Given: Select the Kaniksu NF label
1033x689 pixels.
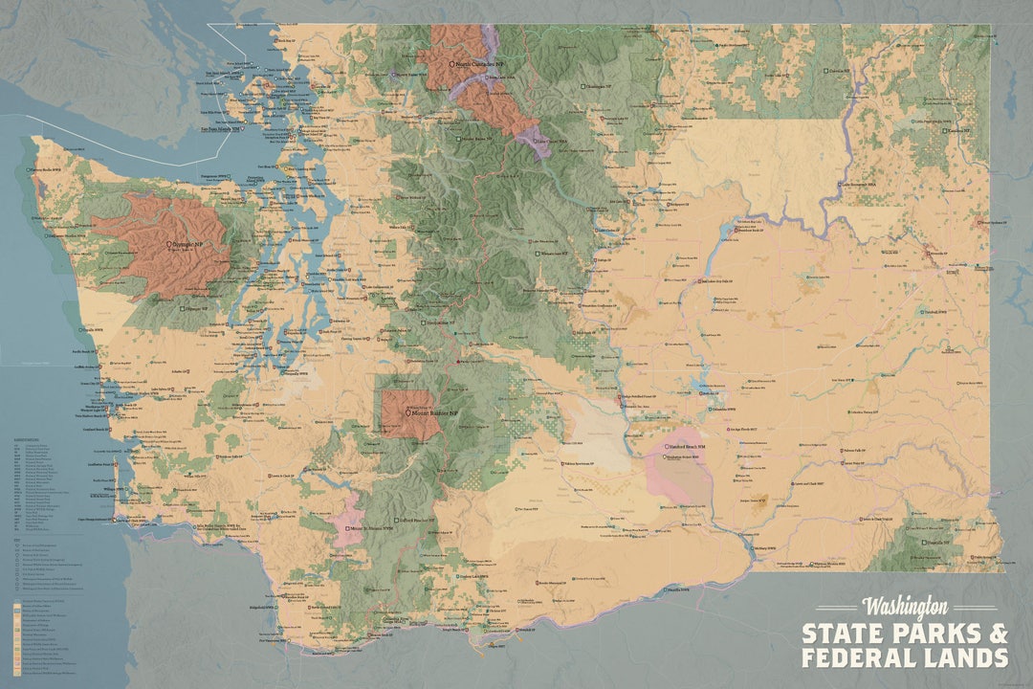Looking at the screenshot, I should click(956, 131).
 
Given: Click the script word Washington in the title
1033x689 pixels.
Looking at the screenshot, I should click(905, 607).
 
